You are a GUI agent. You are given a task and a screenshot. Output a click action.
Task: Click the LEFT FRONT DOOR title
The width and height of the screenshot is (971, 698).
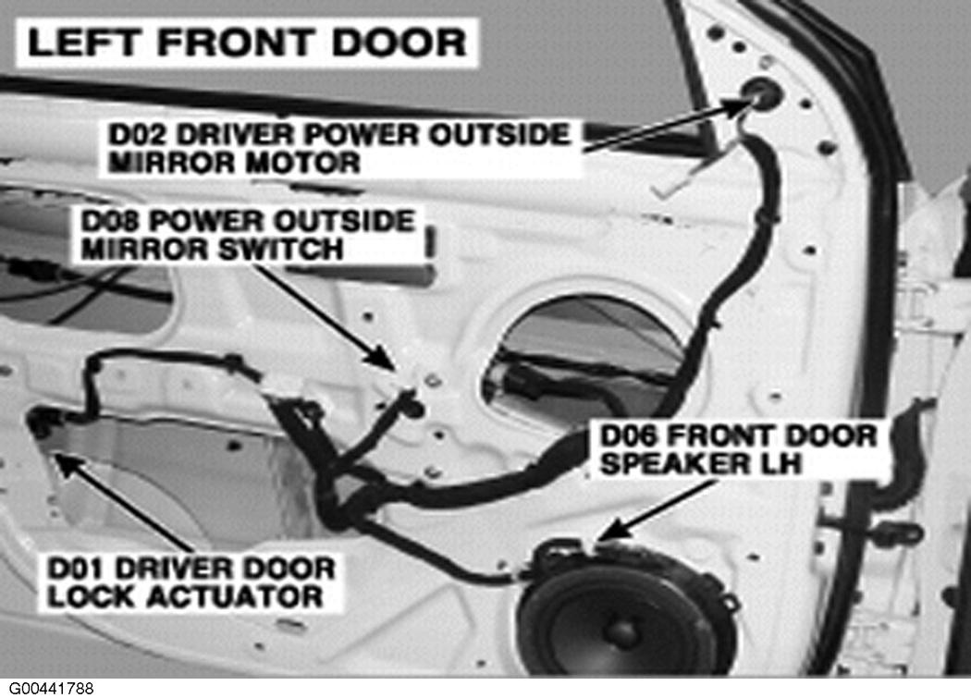(247, 43)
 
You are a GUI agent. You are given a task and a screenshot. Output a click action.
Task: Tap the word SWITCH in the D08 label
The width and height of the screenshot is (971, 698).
(280, 249)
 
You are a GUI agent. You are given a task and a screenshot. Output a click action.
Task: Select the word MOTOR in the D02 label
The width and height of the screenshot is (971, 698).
(301, 163)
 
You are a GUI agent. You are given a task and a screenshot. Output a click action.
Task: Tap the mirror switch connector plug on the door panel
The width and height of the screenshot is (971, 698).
(412, 401)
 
